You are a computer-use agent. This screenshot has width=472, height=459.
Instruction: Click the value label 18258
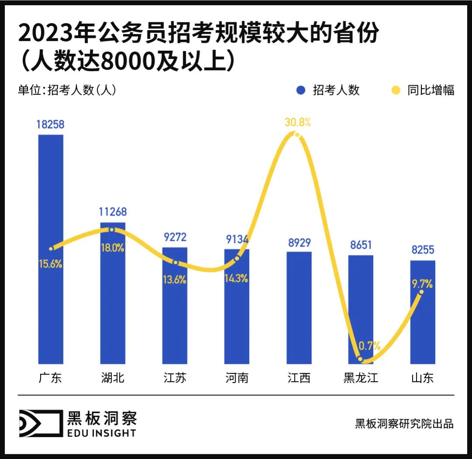[x=50, y=125]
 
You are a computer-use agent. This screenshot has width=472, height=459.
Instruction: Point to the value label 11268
[x=112, y=212]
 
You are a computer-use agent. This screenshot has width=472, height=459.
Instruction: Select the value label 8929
[x=299, y=243]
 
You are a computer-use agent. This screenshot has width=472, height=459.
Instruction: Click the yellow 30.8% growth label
[x=298, y=122]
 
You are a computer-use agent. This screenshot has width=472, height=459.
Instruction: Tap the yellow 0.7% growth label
[x=369, y=346]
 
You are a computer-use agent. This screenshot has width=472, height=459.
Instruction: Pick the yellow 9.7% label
[x=422, y=284]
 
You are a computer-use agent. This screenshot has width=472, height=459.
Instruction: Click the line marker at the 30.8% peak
[x=298, y=135]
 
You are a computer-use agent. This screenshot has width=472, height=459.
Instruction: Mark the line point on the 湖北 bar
[x=112, y=229]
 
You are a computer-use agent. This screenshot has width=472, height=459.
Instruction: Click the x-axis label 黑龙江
[x=361, y=378]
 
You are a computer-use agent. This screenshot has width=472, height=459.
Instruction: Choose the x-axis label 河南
[x=237, y=378]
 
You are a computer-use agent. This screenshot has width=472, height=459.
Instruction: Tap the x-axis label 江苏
[x=175, y=378]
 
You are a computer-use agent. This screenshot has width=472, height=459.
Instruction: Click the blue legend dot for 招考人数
[x=300, y=90]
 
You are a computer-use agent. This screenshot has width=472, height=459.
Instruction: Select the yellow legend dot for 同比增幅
[x=396, y=90]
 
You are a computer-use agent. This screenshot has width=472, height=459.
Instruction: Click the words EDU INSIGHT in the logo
[x=101, y=433]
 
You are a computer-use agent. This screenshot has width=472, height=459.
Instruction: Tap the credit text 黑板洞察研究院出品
[x=404, y=424]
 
